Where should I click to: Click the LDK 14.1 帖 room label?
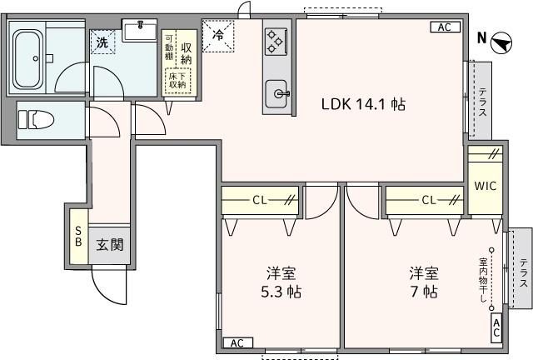(364, 105)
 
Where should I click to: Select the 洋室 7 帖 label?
(425, 283)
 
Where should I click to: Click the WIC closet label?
(485, 186)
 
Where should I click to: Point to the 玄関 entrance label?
(109, 245)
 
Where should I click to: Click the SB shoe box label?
(78, 236)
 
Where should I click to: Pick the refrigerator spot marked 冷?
(218, 35)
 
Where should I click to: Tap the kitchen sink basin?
(276, 92)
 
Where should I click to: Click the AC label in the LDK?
(445, 27)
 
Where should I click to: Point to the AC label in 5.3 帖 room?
(237, 342)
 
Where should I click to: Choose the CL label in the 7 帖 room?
(430, 200)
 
